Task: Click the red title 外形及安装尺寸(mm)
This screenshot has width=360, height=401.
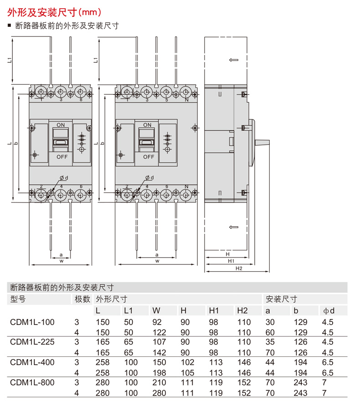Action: tap(54, 12)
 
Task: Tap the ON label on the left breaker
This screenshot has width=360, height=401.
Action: tap(61, 125)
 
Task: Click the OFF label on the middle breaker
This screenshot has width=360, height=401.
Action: tap(149, 157)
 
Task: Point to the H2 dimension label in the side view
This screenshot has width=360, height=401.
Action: tap(239, 268)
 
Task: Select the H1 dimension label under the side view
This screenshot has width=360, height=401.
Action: tap(231, 261)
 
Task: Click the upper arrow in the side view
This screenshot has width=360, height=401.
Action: tap(233, 60)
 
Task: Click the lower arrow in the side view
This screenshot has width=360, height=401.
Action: tap(233, 227)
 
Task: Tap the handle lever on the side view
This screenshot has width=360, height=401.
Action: tap(262, 142)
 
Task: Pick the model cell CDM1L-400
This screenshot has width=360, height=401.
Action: tap(32, 362)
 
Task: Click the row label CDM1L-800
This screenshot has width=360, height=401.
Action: tap(32, 382)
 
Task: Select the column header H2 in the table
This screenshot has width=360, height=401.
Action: tap(242, 310)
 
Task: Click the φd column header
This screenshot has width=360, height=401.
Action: tap(329, 310)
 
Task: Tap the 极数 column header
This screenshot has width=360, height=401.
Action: tap(82, 299)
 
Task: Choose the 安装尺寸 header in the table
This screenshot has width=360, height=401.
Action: tap(282, 299)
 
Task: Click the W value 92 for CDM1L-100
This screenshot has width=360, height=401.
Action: tap(157, 322)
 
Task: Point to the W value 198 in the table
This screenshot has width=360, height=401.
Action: tap(159, 373)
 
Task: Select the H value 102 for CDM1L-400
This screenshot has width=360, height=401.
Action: tap(187, 362)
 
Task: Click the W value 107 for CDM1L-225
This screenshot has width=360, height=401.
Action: tap(159, 342)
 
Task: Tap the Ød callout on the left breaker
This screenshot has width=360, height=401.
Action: tap(64, 178)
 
